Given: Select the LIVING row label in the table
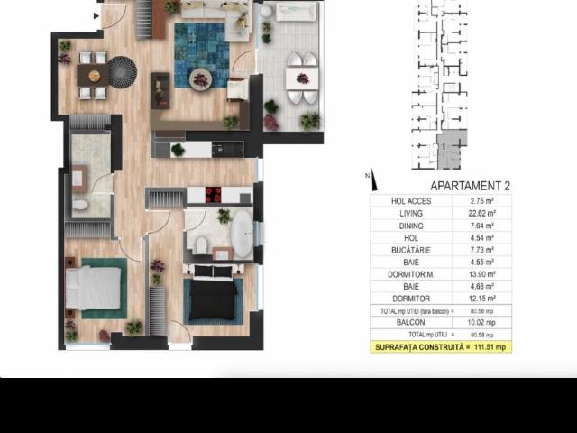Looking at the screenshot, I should point(411,214).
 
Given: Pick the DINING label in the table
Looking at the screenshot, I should point(411,226).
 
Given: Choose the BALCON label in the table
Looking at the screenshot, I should point(411,322).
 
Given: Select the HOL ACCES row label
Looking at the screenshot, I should point(411,201).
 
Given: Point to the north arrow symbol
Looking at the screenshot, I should point(372,180).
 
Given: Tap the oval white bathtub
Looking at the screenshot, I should point(243,236).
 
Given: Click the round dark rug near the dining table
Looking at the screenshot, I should point(122,69).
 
